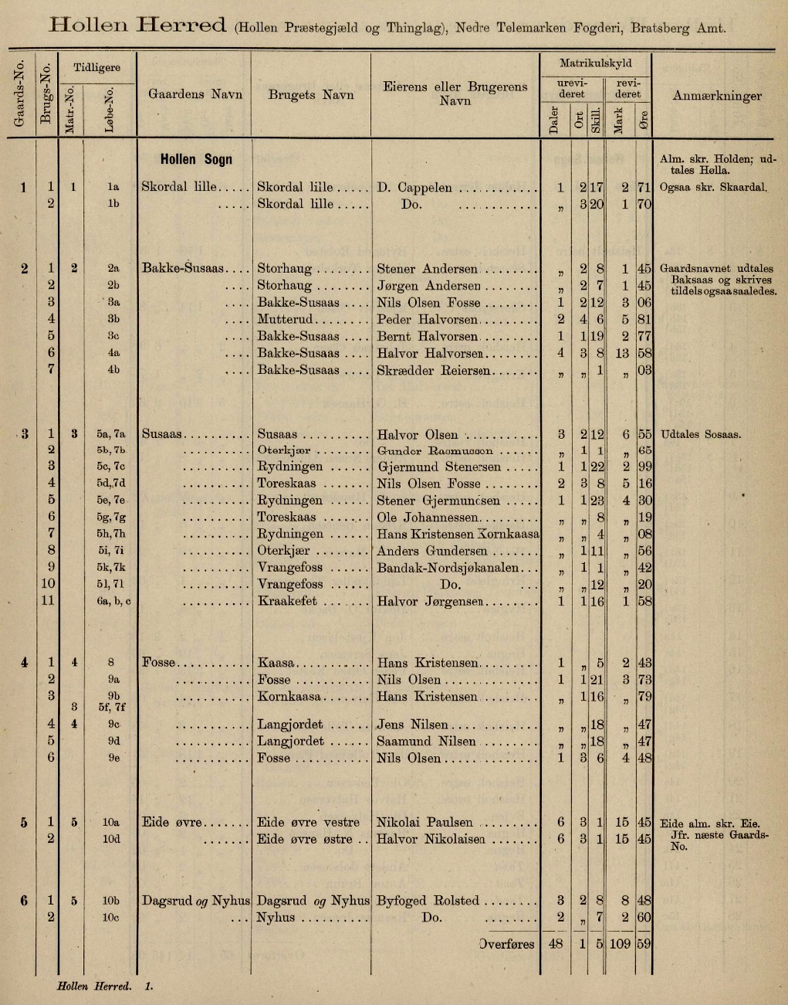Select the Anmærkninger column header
[717, 96]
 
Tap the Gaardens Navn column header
[195, 94]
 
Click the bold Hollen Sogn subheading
[196, 159]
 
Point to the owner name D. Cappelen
[414, 187]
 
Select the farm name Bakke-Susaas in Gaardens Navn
[183, 269]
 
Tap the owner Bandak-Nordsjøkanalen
[447, 568]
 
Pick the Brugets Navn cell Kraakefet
[287, 601]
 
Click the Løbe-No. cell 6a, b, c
[113, 602]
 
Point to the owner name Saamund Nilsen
[426, 741]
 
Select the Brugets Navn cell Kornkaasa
[290, 697]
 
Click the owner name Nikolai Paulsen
[424, 822]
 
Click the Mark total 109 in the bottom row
[620, 943]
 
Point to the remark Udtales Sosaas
[700, 434]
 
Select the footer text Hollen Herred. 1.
[105, 986]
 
